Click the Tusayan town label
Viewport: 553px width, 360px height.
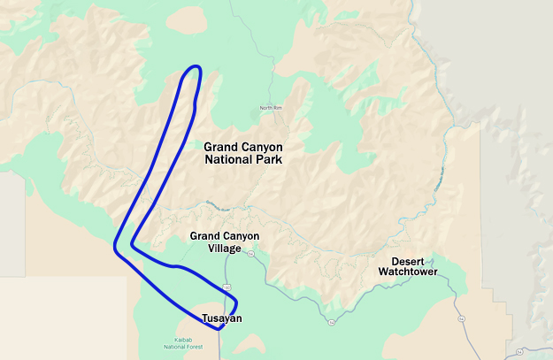[221, 318]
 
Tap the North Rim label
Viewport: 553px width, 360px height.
[271, 108]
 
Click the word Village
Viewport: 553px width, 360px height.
[225, 249]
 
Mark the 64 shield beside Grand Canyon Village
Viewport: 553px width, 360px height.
[251, 254]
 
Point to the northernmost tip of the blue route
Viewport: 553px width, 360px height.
[196, 67]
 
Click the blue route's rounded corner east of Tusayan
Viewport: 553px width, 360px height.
[235, 303]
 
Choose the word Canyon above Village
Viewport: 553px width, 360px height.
[241, 236]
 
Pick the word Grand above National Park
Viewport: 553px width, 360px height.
[219, 146]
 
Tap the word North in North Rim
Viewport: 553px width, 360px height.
[266, 108]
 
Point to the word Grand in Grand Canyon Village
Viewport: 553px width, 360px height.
[204, 236]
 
